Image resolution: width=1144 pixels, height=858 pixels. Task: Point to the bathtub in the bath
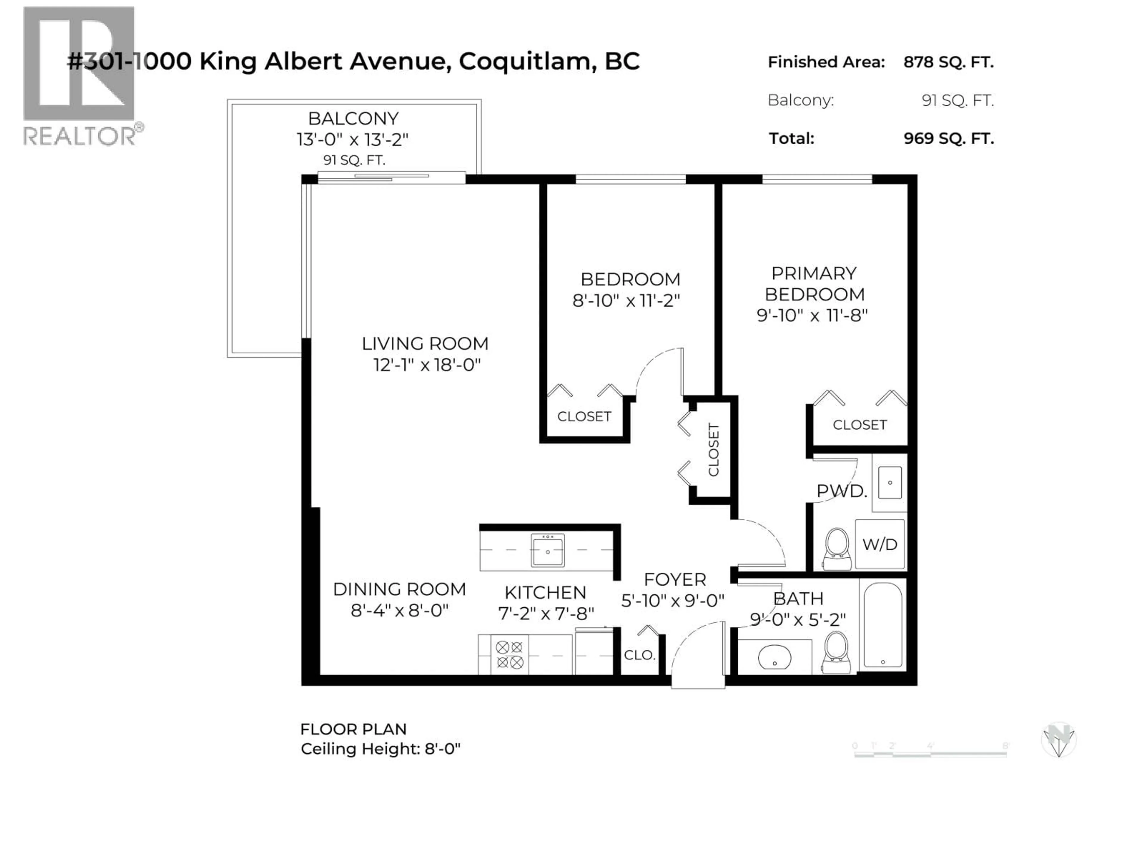pyautogui.click(x=883, y=625)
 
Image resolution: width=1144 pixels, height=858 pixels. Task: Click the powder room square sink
pyautogui.click(x=890, y=483)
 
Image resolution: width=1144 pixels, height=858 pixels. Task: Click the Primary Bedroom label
pyautogui.click(x=814, y=283)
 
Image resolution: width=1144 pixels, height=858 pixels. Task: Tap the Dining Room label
pyautogui.click(x=399, y=589)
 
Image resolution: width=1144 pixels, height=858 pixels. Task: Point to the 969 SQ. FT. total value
pyautogui.click(x=949, y=139)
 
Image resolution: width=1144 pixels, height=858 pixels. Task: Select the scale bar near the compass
pyautogui.click(x=930, y=754)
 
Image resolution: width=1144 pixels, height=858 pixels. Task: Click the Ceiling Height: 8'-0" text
pyautogui.click(x=380, y=749)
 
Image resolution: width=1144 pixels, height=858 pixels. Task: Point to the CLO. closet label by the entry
pyautogui.click(x=639, y=655)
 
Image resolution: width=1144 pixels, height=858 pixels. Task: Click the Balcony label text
pyautogui.click(x=353, y=119)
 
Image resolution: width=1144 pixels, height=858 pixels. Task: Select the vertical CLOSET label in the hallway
pyautogui.click(x=713, y=450)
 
